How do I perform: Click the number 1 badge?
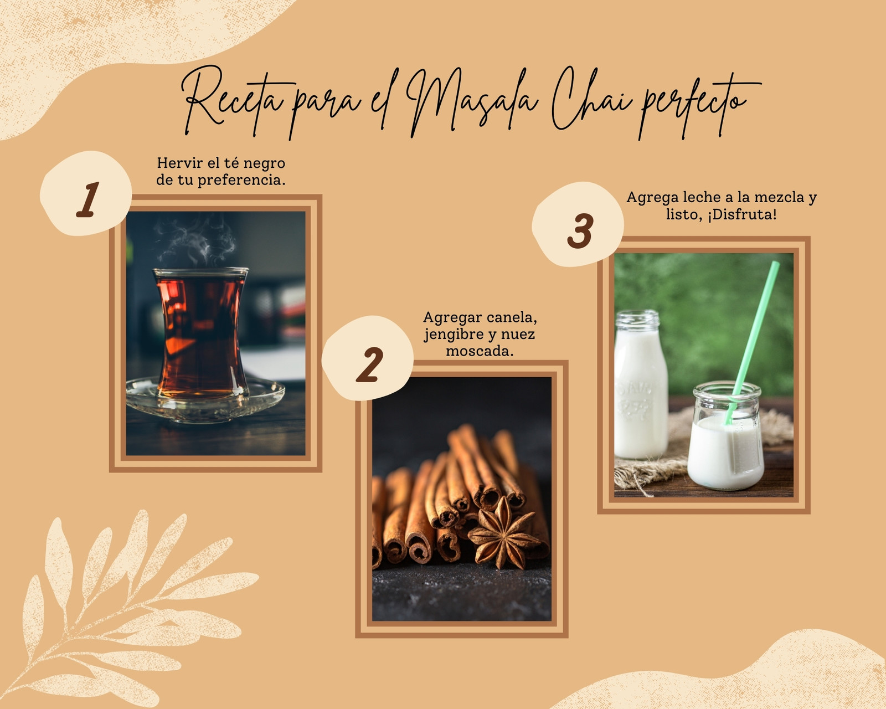[86, 193]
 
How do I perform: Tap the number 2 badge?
[367, 358]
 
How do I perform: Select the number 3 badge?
[578, 224]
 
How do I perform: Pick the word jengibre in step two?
[455, 335]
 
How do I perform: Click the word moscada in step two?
[480, 351]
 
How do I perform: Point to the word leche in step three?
[700, 197]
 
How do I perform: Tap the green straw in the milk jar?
[752, 342]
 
